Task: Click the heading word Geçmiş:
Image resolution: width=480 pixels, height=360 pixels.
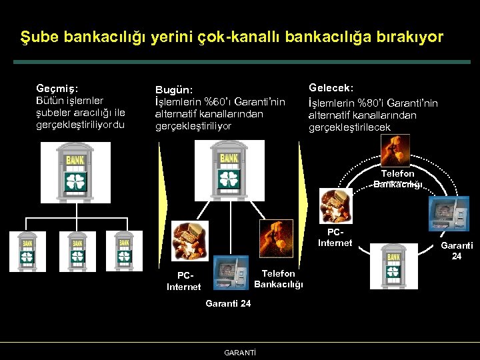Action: [x=57, y=87]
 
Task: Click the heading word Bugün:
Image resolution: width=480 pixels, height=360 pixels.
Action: [x=174, y=90]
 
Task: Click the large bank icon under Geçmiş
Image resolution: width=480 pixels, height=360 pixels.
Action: [x=75, y=172]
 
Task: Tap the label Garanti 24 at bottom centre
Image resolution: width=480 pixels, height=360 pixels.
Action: [x=228, y=304]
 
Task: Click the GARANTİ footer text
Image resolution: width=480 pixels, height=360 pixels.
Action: [x=241, y=352]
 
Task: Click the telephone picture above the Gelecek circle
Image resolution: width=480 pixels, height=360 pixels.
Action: [x=393, y=149]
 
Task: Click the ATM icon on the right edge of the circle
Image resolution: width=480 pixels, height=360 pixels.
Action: [x=445, y=213]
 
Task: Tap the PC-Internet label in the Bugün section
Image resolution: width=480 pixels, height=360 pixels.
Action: [x=183, y=281]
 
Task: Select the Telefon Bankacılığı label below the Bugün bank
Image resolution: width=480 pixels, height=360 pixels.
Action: [x=279, y=279]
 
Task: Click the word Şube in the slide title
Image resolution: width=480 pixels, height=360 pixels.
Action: [x=41, y=37]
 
